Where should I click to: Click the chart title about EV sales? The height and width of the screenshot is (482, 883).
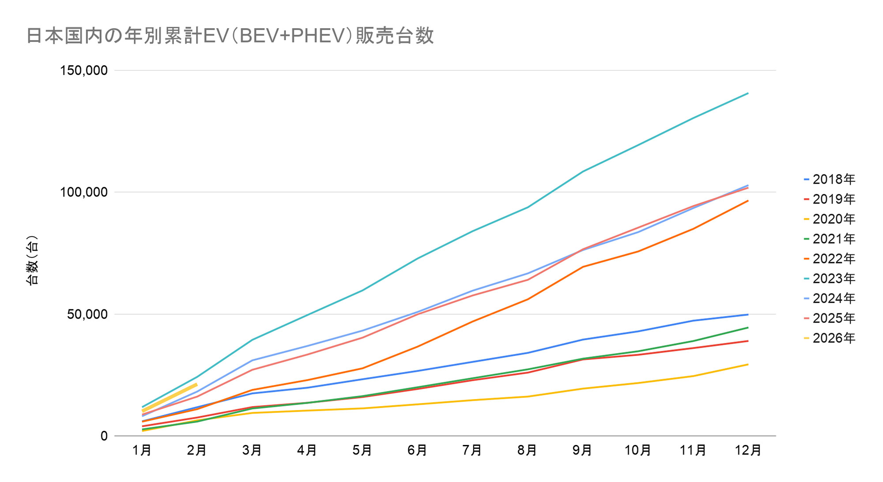coord(230,36)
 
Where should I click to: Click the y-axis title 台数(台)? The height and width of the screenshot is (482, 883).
coord(33,260)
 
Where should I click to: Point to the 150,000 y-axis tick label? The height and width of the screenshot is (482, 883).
coord(84,70)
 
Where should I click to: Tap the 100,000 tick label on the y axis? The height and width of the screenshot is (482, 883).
coord(84,192)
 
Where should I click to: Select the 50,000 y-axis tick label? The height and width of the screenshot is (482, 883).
coord(87,314)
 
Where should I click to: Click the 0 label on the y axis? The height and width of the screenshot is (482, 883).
coord(104,436)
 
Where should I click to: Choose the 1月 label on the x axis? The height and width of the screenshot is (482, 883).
coord(142,450)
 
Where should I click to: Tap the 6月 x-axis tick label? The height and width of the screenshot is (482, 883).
coord(417,450)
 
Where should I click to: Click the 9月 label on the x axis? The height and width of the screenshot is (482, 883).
coord(582,450)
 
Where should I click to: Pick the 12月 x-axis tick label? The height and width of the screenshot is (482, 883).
coord(748,450)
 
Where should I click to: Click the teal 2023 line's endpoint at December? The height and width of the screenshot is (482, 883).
coord(748,93)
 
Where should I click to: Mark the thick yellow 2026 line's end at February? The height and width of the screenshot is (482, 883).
coord(196,384)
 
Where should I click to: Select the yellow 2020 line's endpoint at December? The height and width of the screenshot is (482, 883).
coord(748,364)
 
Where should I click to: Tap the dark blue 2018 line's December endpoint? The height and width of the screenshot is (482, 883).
coord(748,314)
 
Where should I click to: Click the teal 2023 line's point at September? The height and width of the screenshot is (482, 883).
coord(583,171)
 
